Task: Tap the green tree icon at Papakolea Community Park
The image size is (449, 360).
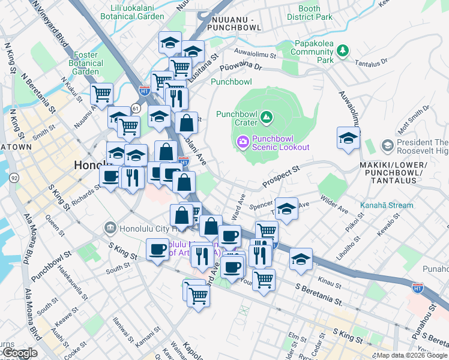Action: coord(342,52)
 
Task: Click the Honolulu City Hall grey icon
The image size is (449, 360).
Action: coord(109,227)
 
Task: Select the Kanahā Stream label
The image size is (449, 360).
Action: coord(386,205)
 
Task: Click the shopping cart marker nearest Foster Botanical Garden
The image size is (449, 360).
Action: coord(102,94)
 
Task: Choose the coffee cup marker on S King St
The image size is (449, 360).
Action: coord(158,248)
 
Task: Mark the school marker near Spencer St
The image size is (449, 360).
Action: coord(287,209)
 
